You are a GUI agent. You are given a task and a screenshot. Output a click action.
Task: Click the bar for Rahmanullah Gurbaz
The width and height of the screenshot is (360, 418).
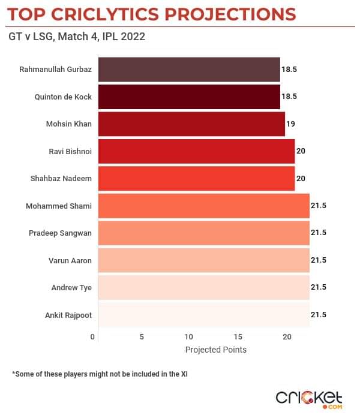[x=189, y=70]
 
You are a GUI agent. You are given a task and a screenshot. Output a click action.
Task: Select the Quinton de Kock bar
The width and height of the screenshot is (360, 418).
[x=189, y=97]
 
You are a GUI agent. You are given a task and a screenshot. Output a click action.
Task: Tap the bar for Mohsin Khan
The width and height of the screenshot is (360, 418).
[x=191, y=124]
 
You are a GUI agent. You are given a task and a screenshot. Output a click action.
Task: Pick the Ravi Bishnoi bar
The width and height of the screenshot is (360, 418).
[x=196, y=151]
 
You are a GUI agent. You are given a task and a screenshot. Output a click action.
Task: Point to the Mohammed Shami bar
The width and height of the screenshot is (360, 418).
[x=203, y=206]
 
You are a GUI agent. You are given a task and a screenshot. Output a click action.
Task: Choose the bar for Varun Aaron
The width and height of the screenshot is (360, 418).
[x=203, y=260]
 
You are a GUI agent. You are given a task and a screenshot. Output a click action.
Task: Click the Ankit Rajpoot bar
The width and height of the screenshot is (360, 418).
[x=203, y=315]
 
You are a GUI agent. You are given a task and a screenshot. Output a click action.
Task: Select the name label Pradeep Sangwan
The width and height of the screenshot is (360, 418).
[x=60, y=233]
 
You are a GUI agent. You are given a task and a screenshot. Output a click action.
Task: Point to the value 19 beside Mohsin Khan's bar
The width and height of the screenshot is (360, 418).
[x=290, y=124]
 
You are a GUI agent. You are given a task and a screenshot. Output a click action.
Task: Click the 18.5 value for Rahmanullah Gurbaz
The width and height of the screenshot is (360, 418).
[x=289, y=70]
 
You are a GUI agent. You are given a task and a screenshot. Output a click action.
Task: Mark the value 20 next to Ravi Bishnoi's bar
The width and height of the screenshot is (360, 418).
[x=301, y=151]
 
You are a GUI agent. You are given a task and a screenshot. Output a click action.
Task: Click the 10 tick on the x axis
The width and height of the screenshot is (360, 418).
[x=189, y=337]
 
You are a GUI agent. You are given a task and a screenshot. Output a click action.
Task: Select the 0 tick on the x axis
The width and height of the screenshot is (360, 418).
[x=93, y=337]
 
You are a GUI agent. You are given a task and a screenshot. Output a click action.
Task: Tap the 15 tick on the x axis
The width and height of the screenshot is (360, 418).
[x=238, y=337]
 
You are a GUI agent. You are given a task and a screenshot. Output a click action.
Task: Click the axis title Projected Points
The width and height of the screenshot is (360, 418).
[x=215, y=350]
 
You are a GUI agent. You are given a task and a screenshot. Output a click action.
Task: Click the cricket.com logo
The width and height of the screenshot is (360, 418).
[x=309, y=398]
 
